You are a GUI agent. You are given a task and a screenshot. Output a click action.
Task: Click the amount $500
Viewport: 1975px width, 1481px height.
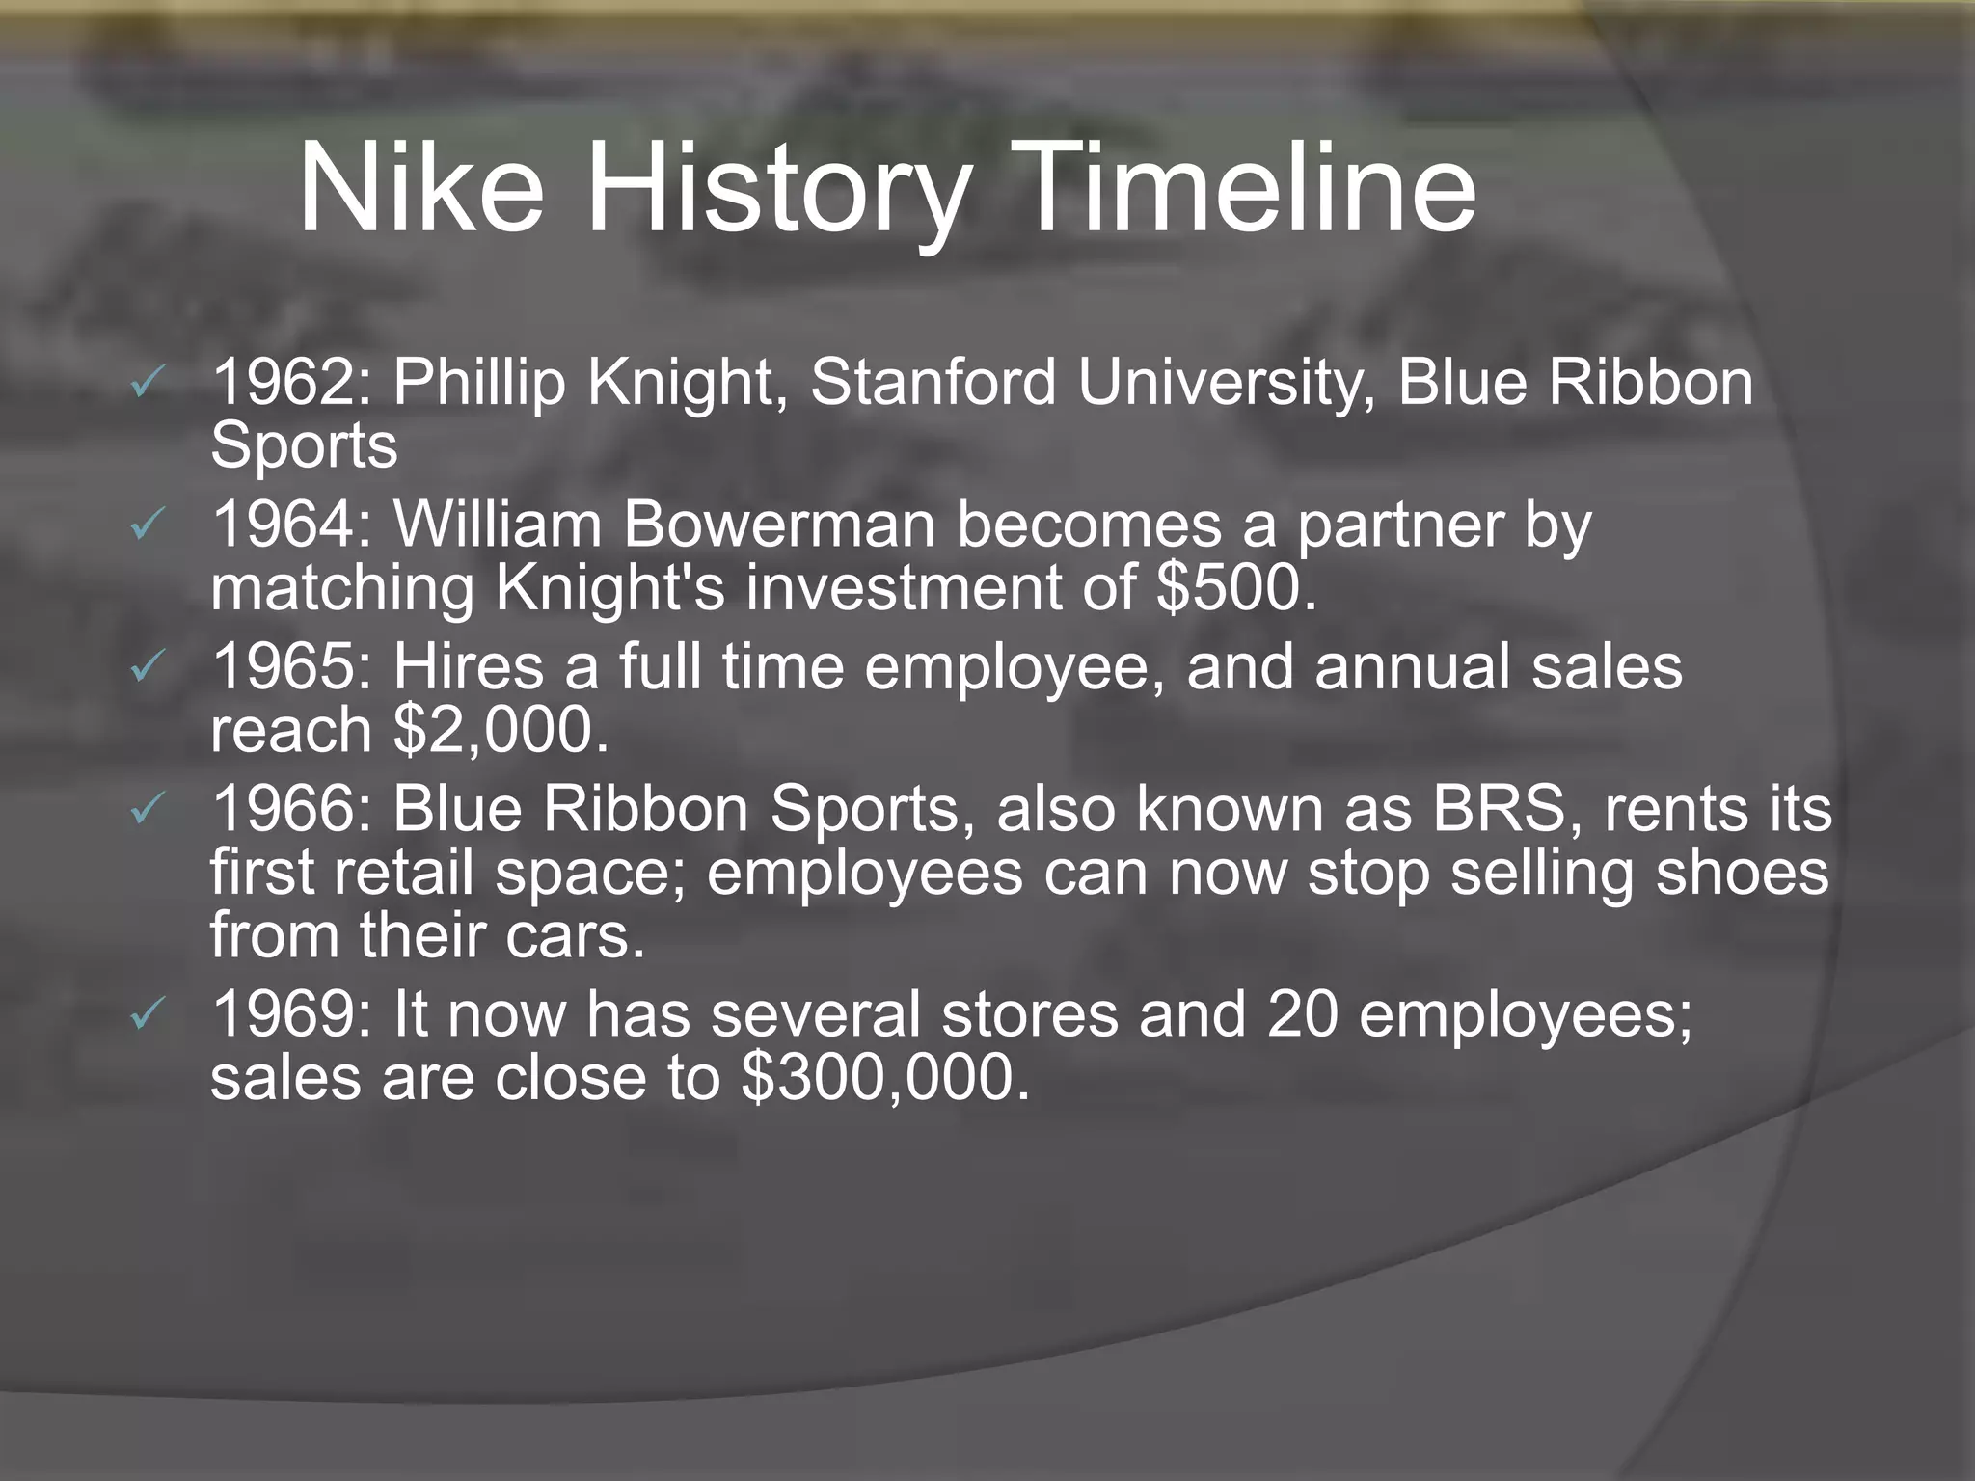[1235, 588]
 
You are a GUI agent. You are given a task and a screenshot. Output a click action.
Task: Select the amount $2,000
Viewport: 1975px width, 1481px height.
[501, 730]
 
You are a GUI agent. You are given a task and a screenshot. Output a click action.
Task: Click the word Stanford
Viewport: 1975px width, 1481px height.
[933, 383]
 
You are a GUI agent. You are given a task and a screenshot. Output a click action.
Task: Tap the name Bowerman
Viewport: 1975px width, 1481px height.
[779, 525]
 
